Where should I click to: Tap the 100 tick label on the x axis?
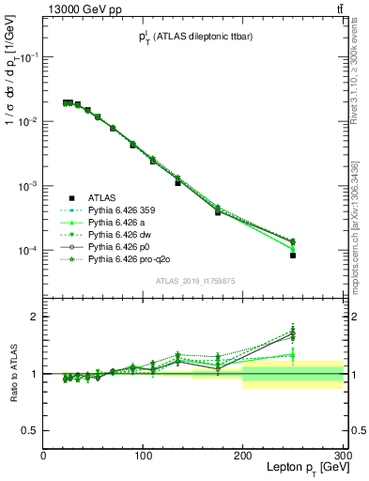[x=143, y=456]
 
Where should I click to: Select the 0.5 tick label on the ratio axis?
[x=31, y=431]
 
